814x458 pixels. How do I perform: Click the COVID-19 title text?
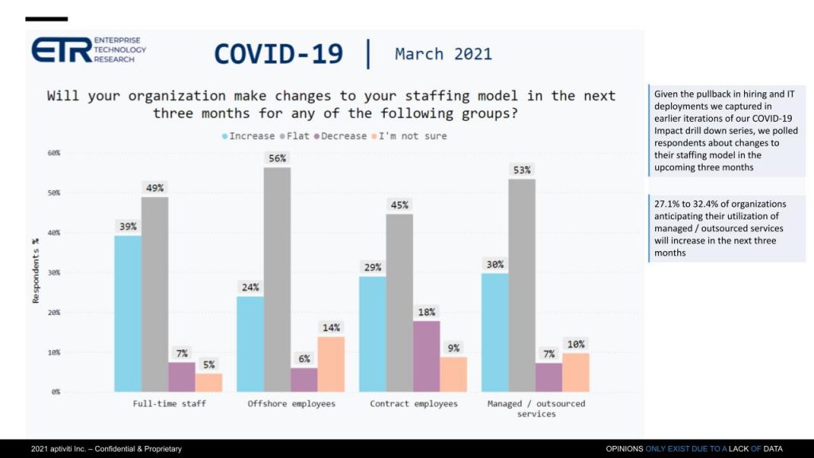coord(278,54)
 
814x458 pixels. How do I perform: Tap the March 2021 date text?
coord(443,54)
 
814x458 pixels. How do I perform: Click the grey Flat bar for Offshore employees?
coord(277,279)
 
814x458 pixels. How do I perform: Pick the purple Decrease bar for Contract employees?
coord(426,355)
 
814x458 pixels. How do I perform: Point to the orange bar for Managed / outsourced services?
coord(576,372)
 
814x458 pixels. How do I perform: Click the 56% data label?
coord(277,158)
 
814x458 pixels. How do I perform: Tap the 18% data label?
coord(426,312)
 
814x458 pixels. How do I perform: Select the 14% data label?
coord(331,328)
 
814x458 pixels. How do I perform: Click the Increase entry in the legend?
coord(248,136)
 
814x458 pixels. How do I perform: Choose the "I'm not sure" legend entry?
coord(407,136)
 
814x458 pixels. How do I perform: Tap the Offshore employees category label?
coord(291,404)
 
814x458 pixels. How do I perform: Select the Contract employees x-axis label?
coord(413,404)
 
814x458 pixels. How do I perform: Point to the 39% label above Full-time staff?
coord(128,227)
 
